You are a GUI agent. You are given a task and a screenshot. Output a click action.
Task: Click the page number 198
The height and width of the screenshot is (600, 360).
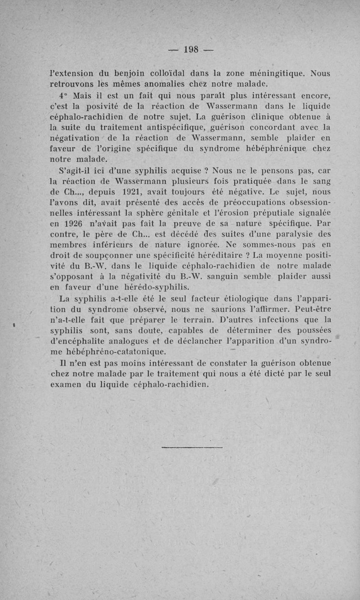[192, 50]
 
